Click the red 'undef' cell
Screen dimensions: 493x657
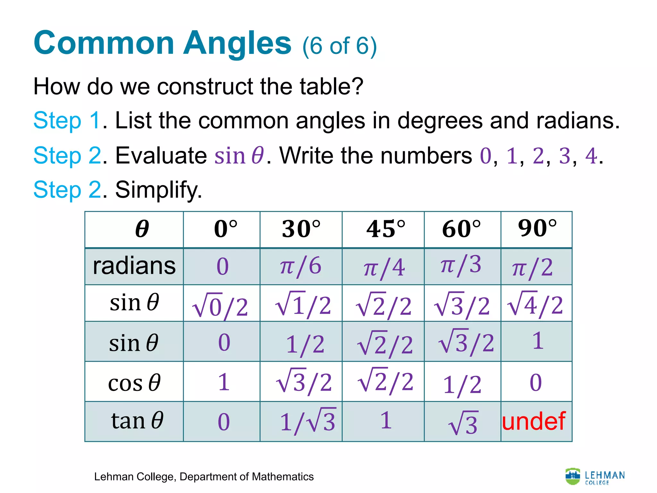(x=533, y=421)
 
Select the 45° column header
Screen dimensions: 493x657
(x=386, y=229)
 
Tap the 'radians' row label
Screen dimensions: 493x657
(x=134, y=266)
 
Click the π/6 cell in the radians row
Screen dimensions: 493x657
(x=301, y=266)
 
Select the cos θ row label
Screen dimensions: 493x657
(x=134, y=383)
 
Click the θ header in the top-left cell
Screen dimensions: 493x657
(x=142, y=229)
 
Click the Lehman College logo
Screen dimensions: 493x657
(x=595, y=477)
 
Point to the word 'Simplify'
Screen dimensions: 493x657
(x=158, y=190)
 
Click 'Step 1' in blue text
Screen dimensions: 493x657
(x=67, y=121)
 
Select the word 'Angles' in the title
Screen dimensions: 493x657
(x=237, y=43)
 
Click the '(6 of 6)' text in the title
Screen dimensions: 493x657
(x=339, y=46)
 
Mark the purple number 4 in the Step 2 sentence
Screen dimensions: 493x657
(x=591, y=156)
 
